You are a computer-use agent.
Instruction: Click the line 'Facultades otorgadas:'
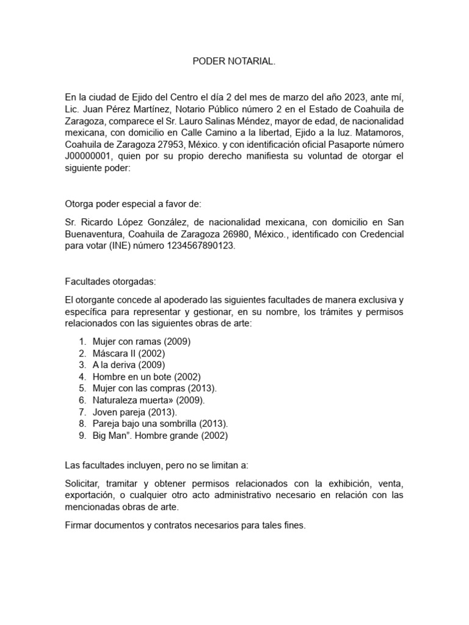[x=110, y=281]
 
